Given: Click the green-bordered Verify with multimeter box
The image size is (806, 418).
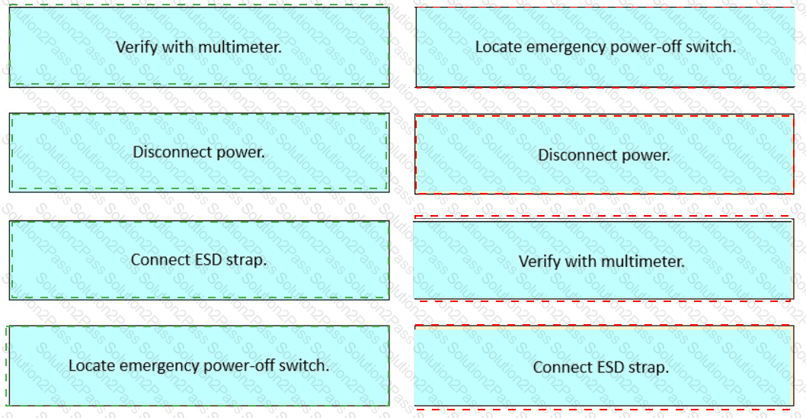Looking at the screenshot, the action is click(199, 47).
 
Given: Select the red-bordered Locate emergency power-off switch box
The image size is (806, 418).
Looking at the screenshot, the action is click(605, 47).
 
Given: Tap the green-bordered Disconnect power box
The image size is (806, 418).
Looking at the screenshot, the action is click(199, 153).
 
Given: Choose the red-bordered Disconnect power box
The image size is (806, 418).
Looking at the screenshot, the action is click(605, 154).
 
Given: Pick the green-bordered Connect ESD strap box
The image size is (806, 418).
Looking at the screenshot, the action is click(199, 260).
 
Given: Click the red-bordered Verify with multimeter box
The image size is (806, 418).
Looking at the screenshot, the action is click(603, 259).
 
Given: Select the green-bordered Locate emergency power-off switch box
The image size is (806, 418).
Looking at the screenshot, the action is click(199, 365).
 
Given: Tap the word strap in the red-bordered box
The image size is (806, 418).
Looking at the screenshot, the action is click(650, 368).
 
